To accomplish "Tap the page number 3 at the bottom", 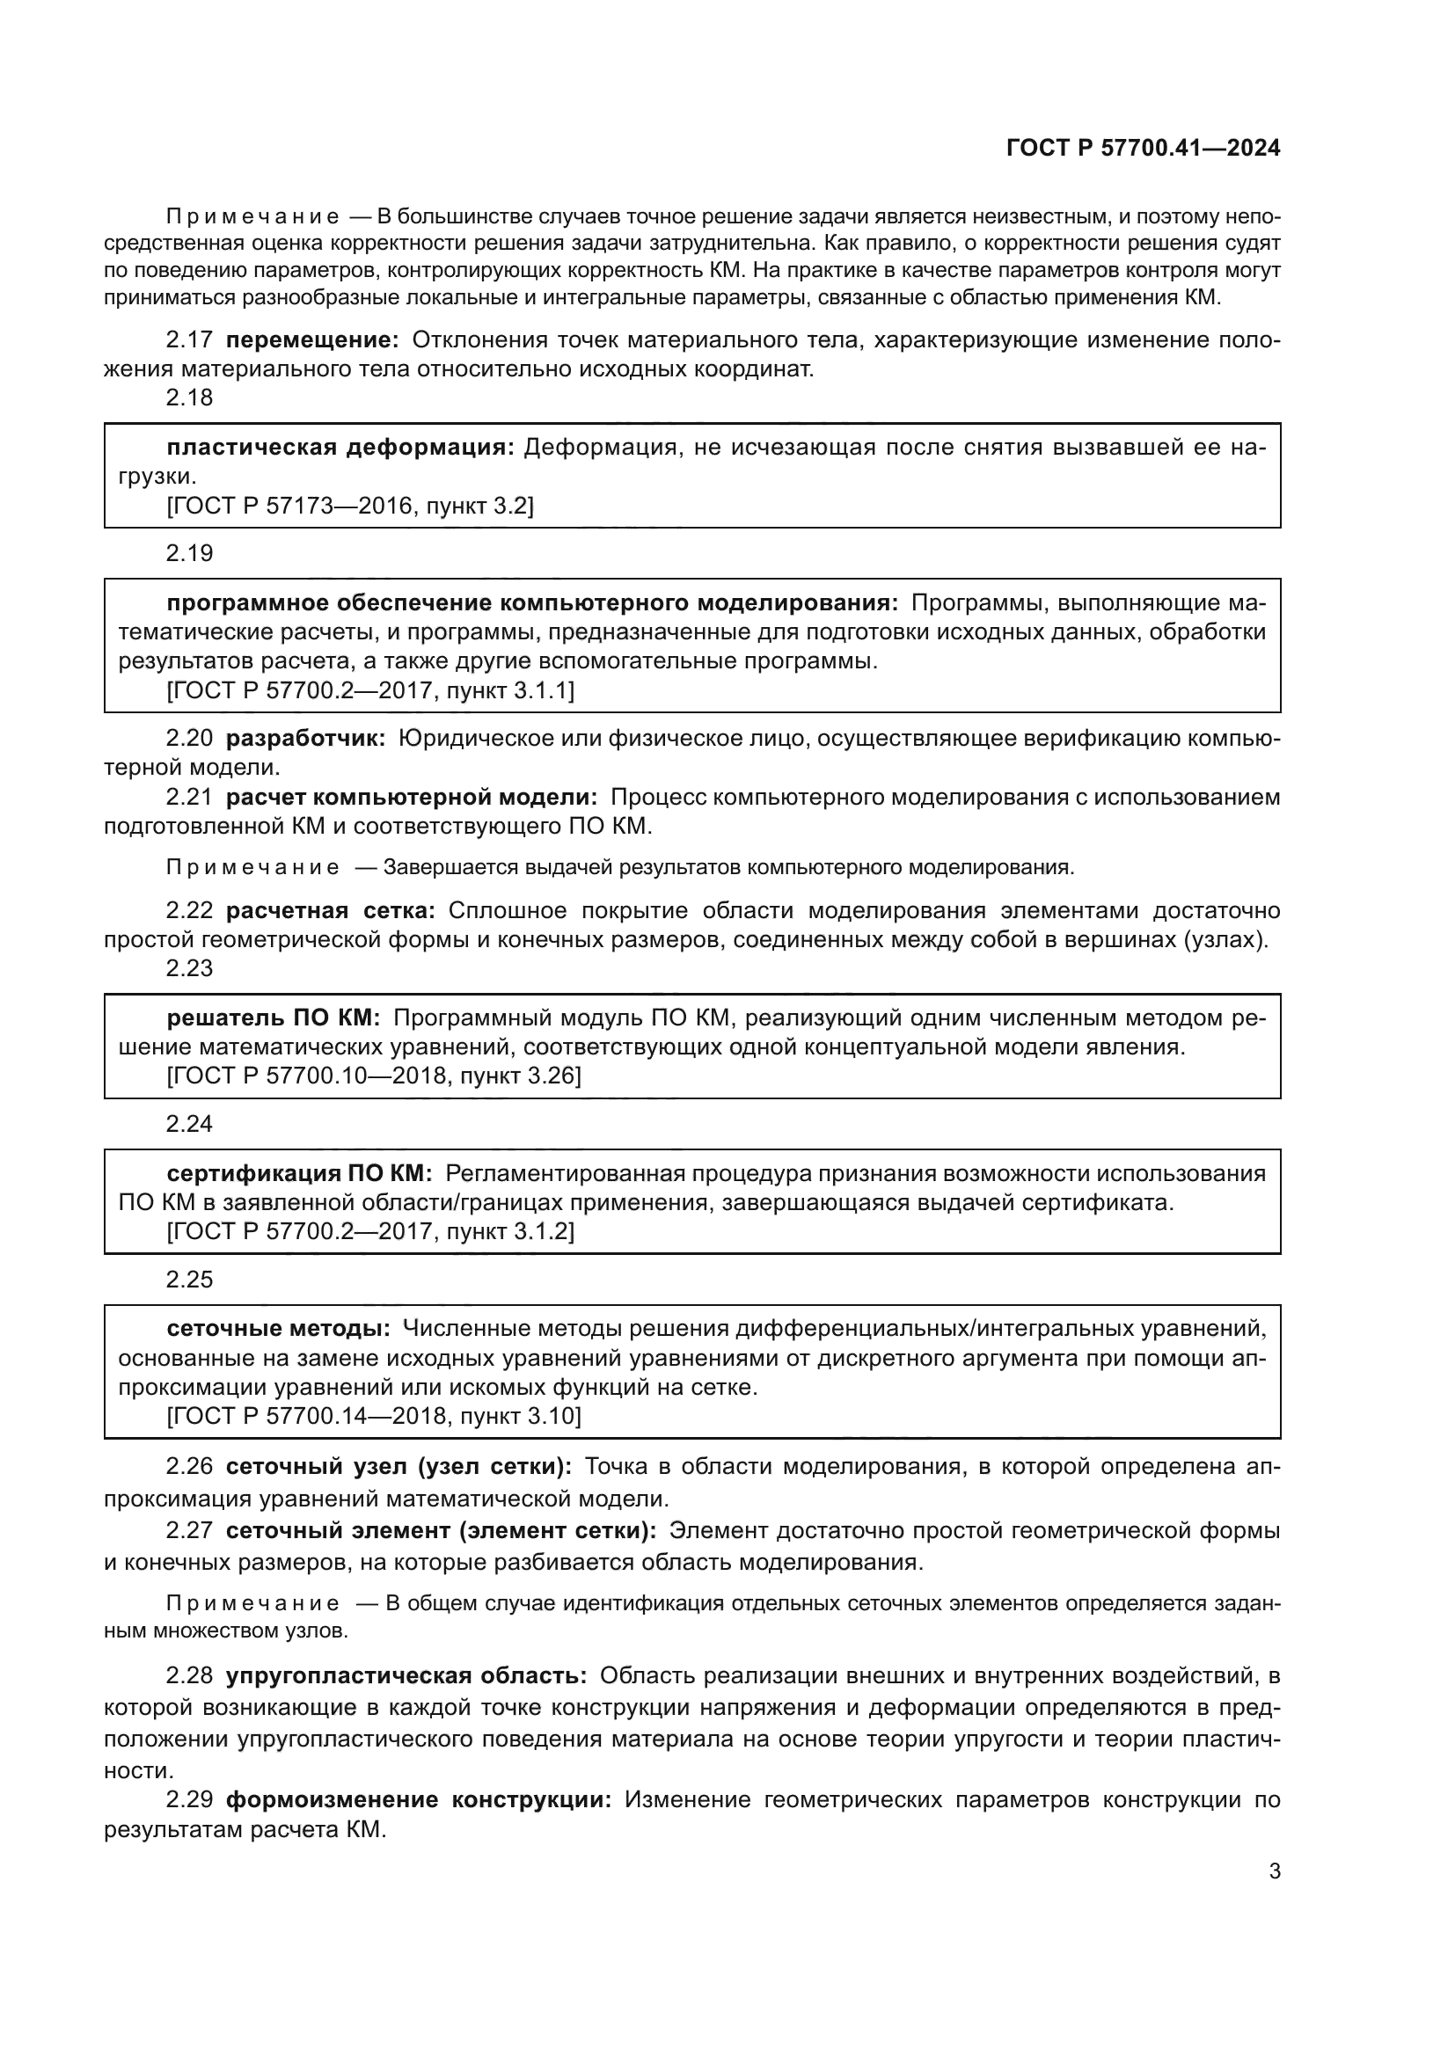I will click(x=1274, y=1871).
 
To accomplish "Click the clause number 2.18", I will click(x=189, y=398).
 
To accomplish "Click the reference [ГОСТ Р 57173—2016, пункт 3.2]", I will click(x=350, y=507).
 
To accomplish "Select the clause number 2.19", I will click(x=189, y=554).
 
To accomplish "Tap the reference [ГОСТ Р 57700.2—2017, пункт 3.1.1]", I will click(x=370, y=690).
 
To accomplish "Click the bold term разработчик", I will click(x=305, y=738).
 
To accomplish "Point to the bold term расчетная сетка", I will click(x=330, y=911).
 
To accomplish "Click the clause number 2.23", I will click(x=189, y=968).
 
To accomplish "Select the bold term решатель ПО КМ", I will click(x=274, y=1018).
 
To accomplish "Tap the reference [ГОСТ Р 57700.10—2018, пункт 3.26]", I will click(x=374, y=1076).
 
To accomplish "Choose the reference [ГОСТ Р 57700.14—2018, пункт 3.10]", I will click(x=374, y=1417).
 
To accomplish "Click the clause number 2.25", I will click(x=189, y=1280).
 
